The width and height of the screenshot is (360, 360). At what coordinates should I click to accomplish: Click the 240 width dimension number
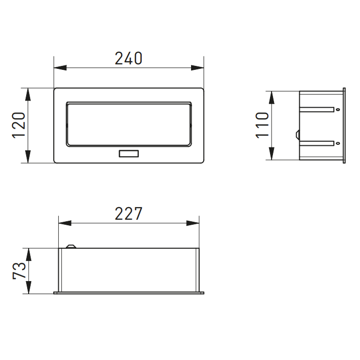pos(129,58)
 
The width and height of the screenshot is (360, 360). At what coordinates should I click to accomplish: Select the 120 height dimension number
pos(19,126)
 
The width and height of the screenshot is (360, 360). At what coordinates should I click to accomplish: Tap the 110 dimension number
pos(262,126)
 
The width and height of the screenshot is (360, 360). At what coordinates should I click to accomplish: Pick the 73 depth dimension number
pos(19,271)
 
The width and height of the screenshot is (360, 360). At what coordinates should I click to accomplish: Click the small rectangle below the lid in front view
pos(129,154)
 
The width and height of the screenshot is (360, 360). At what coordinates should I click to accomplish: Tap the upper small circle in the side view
pos(337,109)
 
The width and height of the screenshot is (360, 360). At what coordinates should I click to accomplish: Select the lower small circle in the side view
pos(337,143)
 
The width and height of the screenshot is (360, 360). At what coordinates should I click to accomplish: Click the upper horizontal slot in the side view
pos(317,109)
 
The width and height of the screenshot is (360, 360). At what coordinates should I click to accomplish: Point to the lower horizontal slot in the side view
pos(317,143)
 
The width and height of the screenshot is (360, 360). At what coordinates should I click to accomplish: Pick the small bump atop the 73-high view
pos(71,246)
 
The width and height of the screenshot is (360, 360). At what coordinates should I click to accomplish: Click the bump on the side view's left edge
pos(298,135)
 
